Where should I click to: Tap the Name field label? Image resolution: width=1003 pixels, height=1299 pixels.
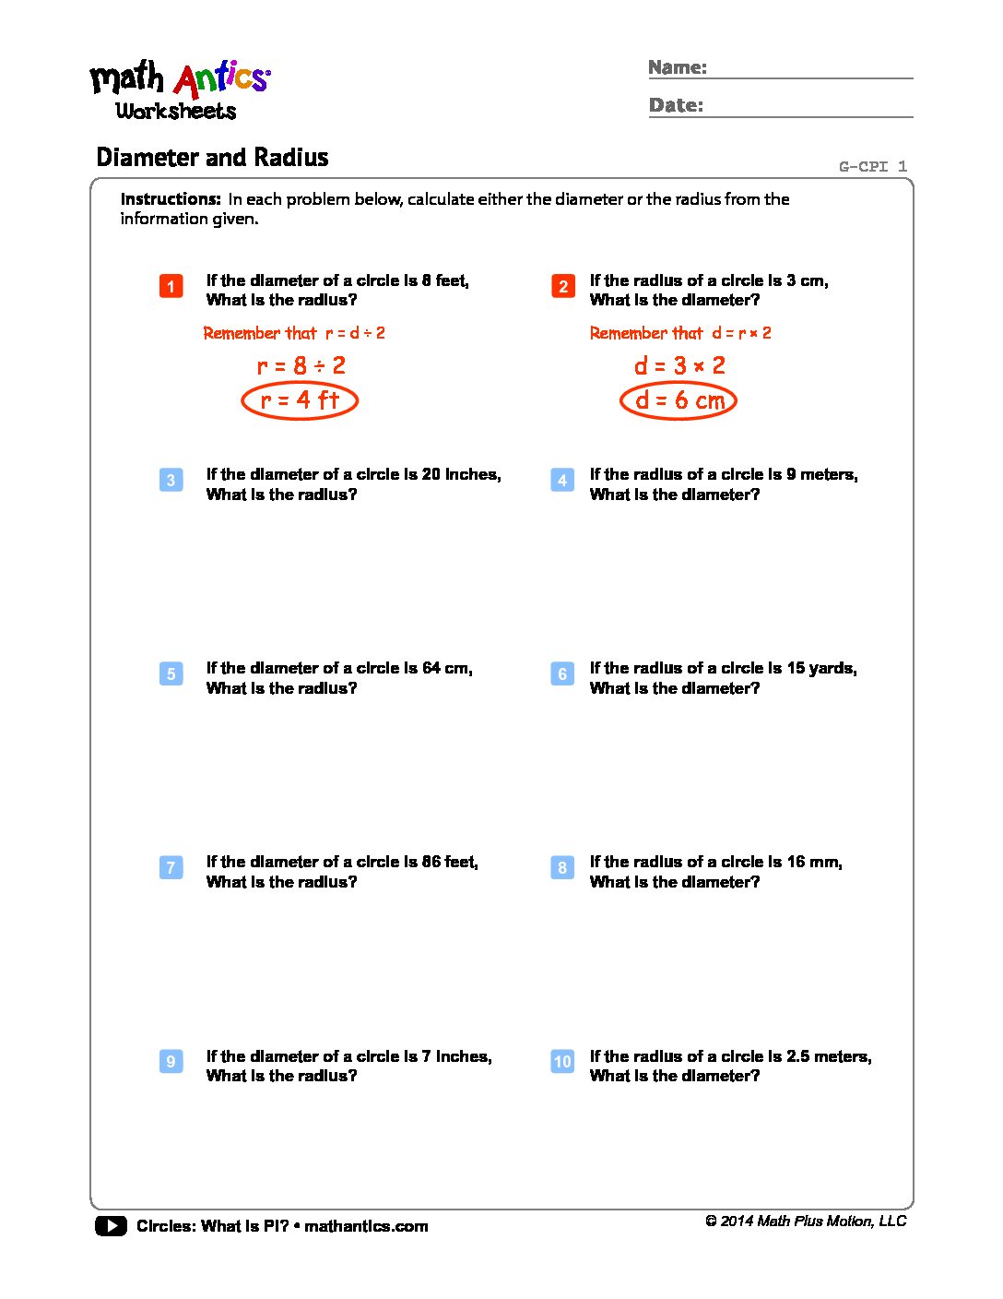click(678, 67)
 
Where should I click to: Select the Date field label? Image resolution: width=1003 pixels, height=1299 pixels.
click(676, 105)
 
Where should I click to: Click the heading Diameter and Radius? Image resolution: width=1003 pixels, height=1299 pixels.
click(212, 158)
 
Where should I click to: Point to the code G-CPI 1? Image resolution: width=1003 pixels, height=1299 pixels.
click(872, 167)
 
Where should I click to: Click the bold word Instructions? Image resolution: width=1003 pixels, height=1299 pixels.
click(171, 199)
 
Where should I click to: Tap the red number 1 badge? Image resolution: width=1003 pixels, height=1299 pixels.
click(171, 286)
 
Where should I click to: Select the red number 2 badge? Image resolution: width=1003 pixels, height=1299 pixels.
click(562, 286)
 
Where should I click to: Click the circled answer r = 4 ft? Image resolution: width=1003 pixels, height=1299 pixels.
click(300, 400)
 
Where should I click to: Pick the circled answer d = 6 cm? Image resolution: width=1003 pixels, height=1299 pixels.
click(678, 400)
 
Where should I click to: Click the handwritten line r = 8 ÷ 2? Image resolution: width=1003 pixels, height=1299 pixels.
click(301, 366)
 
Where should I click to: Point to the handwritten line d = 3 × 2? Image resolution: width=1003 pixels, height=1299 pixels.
click(679, 366)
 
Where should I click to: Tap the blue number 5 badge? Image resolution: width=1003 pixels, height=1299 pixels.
click(171, 673)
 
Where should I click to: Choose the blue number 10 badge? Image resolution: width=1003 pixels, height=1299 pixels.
click(562, 1061)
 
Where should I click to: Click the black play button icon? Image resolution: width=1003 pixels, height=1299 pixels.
click(111, 1226)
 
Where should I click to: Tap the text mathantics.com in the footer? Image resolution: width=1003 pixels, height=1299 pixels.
click(366, 1226)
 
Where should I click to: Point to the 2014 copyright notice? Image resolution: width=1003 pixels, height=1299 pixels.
click(806, 1222)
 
